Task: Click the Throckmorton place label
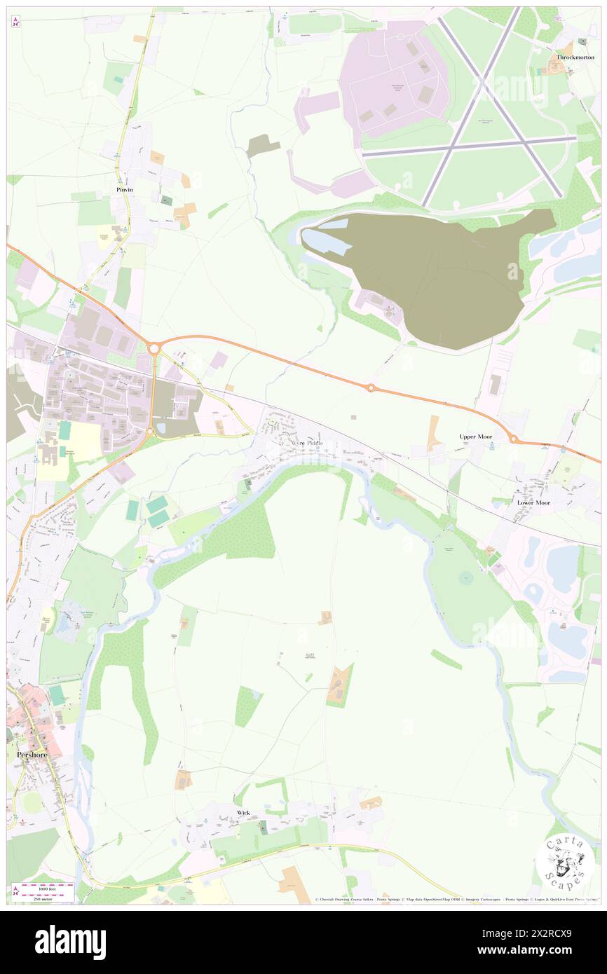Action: point(575,57)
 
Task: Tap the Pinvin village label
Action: point(125,190)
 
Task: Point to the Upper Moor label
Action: point(476,437)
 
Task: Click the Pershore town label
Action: point(32,755)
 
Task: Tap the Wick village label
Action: point(243,813)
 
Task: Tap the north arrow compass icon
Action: point(15,22)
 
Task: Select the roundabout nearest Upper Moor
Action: point(513,439)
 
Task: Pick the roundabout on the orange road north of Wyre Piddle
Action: point(371,387)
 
